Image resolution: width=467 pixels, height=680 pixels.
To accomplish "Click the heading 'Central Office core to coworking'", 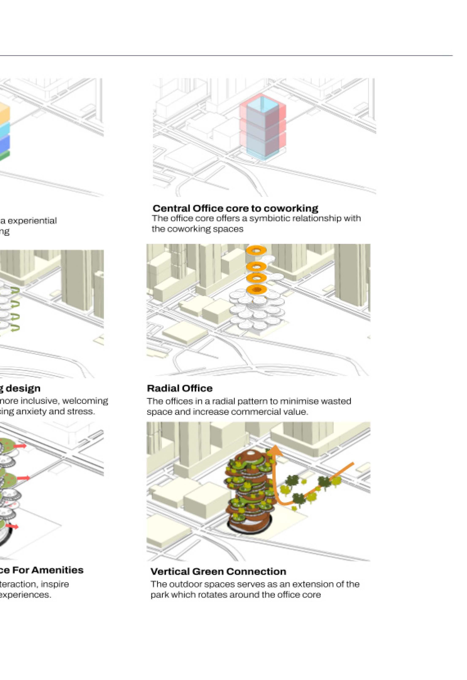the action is click(235, 208).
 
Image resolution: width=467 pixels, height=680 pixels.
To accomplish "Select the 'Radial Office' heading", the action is click(180, 388).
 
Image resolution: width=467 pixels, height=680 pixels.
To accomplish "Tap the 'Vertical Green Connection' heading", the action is click(218, 571).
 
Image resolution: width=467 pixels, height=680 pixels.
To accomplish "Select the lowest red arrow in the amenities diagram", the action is click(13, 526).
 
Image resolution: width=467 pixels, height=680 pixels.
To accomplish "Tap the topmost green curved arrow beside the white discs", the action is click(15, 291).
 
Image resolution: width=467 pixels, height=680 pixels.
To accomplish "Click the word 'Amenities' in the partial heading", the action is click(62, 570).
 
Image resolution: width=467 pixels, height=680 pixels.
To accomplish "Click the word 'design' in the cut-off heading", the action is click(23, 388).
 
